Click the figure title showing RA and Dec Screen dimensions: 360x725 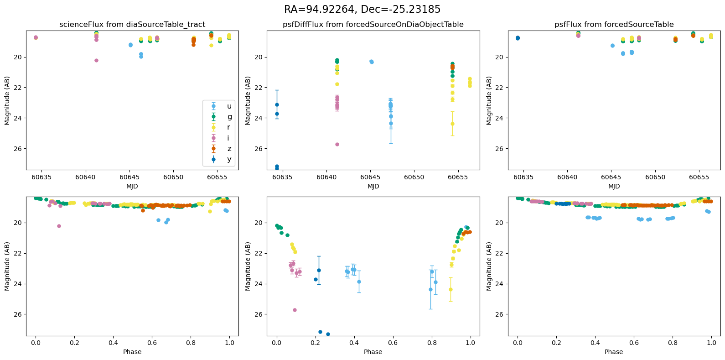pyautogui.click(x=362, y=10)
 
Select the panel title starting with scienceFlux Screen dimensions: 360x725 pyautogui.click(x=132, y=25)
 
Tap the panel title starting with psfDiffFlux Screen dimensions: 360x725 pyautogui.click(x=373, y=25)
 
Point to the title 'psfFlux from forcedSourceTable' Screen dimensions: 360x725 pyautogui.click(x=614, y=25)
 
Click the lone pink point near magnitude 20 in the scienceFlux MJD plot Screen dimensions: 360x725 pyautogui.click(x=96, y=60)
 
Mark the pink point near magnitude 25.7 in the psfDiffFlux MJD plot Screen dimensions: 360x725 pyautogui.click(x=337, y=144)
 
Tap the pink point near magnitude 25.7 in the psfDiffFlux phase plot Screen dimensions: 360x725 pyautogui.click(x=295, y=310)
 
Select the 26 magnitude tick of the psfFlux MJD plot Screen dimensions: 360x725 pyautogui.click(x=501, y=149)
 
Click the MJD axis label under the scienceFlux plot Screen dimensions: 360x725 pyautogui.click(x=132, y=186)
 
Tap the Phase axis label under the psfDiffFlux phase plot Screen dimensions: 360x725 pyautogui.click(x=373, y=352)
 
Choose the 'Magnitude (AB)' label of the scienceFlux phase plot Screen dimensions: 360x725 pyautogui.click(x=7, y=266)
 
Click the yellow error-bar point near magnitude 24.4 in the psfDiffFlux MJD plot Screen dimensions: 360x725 pyautogui.click(x=452, y=124)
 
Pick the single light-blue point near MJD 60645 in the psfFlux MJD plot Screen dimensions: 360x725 pyautogui.click(x=612, y=46)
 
